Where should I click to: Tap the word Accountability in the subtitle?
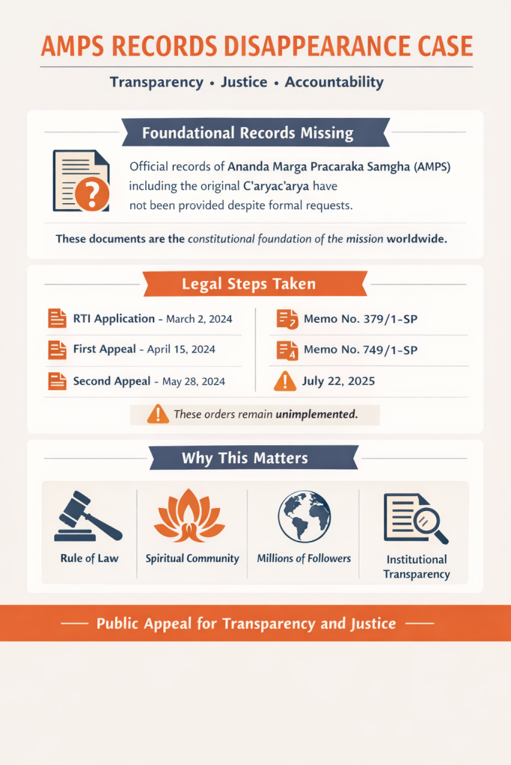point(334,82)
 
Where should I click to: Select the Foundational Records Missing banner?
point(248,134)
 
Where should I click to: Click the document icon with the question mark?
point(81,181)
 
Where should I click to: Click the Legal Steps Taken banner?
point(248,284)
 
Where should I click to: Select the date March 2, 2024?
point(199,319)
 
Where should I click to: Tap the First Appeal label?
point(104,350)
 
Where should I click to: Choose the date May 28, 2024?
point(194,381)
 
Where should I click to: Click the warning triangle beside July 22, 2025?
point(285,381)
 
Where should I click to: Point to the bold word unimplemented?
point(316,414)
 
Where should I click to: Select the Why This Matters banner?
point(245,458)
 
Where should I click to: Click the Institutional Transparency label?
point(417,566)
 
